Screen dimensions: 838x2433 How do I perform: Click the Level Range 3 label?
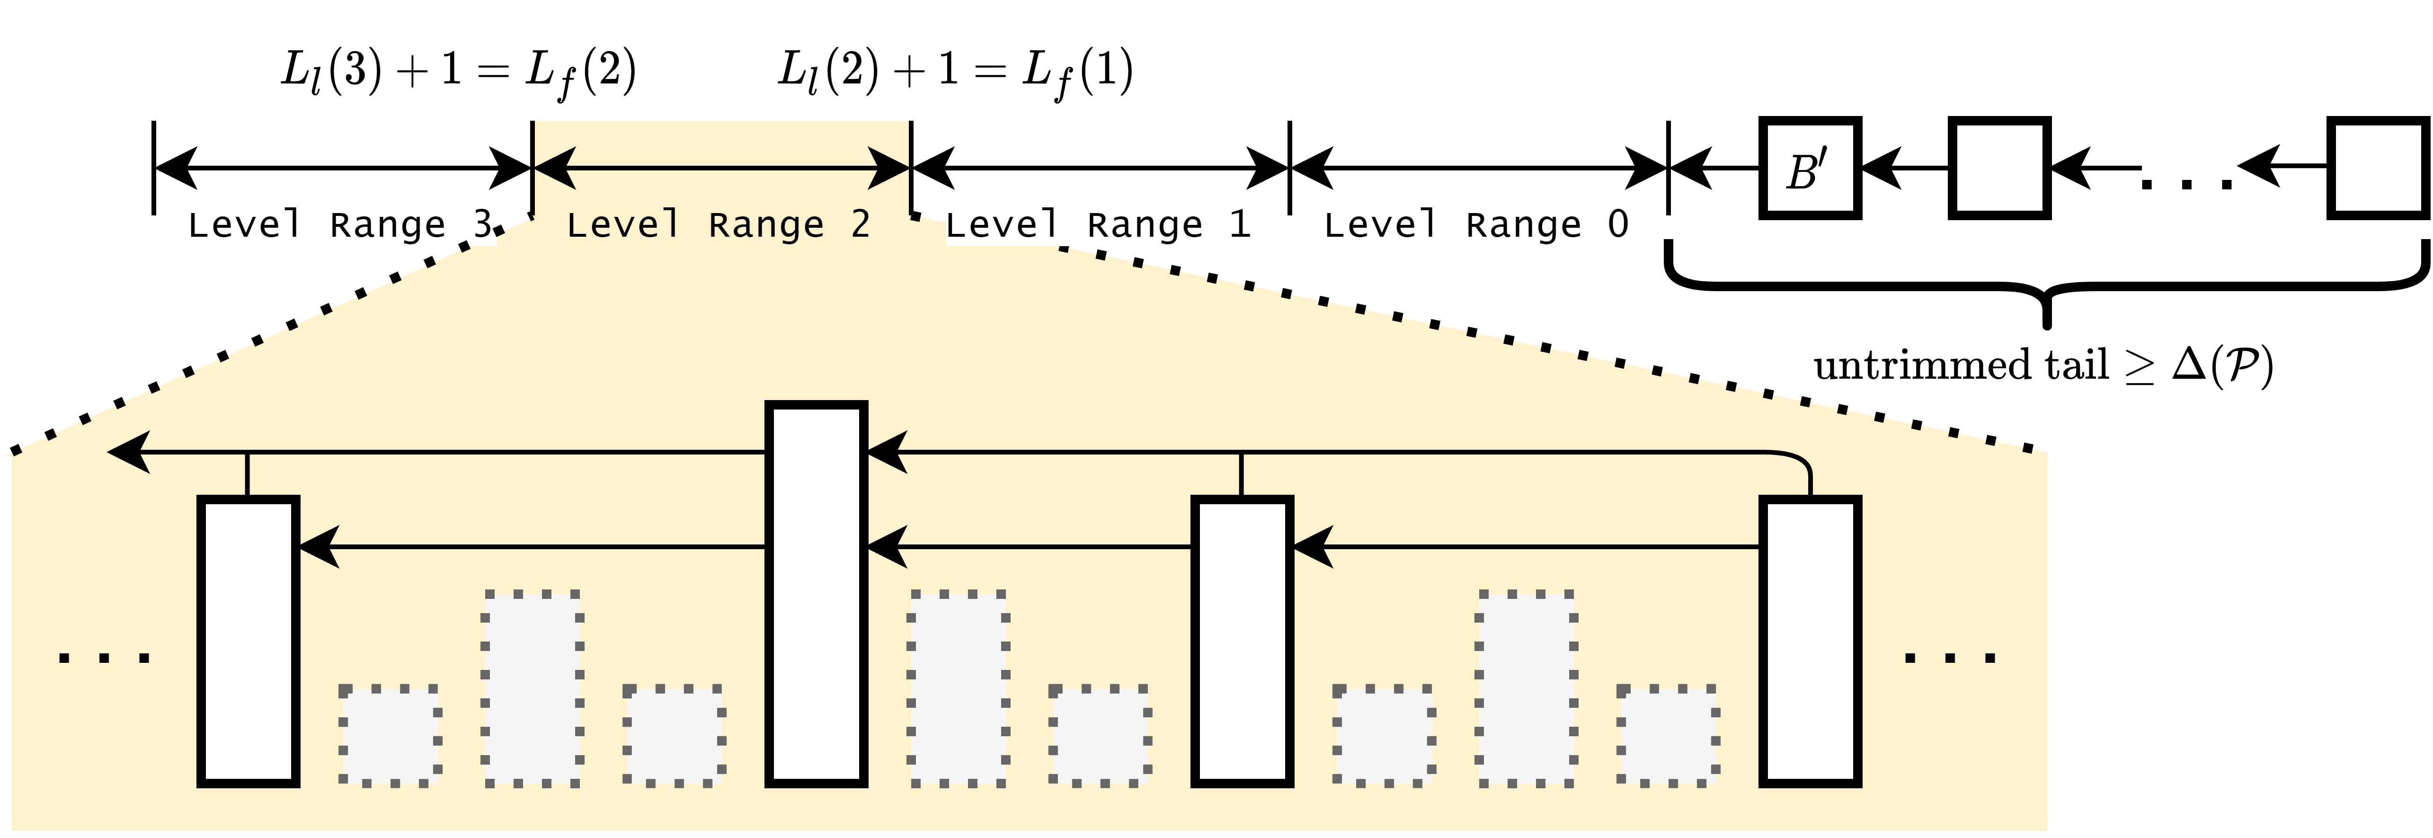340,225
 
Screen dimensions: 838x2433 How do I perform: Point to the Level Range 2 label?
718,225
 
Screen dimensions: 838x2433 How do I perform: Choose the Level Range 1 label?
1098,225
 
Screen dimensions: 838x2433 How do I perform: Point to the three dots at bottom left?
104,657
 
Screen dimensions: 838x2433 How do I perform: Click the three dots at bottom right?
1950,657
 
